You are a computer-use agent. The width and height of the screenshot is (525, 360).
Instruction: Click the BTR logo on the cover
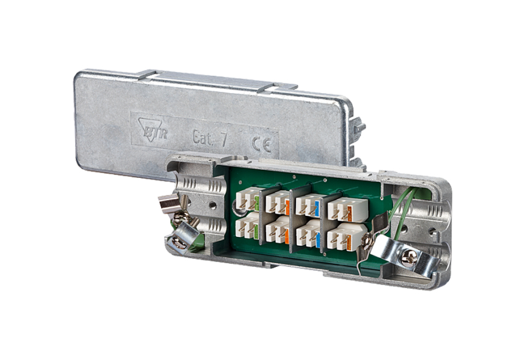click(152, 130)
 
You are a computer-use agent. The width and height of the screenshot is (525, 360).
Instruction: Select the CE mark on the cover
click(260, 144)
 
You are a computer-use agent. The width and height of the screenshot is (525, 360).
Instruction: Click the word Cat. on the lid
click(202, 137)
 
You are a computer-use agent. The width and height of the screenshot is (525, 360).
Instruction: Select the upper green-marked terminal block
click(248, 200)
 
